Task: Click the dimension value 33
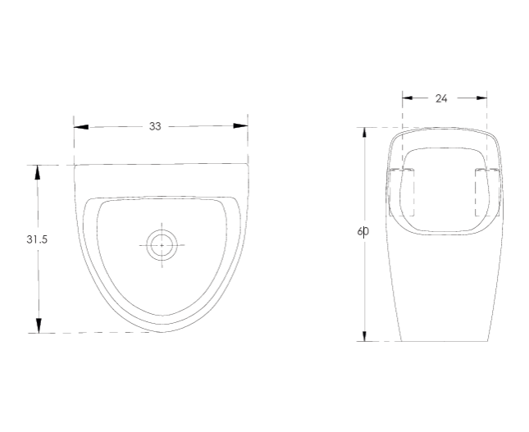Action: click(x=155, y=126)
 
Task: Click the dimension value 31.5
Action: click(x=36, y=239)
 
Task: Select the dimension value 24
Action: click(x=441, y=98)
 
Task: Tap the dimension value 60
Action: click(x=363, y=232)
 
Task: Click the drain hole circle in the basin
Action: click(x=162, y=244)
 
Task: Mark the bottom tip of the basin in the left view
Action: click(x=162, y=332)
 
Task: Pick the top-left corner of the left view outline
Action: click(x=75, y=166)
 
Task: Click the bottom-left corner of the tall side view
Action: click(x=399, y=340)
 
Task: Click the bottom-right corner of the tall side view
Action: click(x=490, y=340)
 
